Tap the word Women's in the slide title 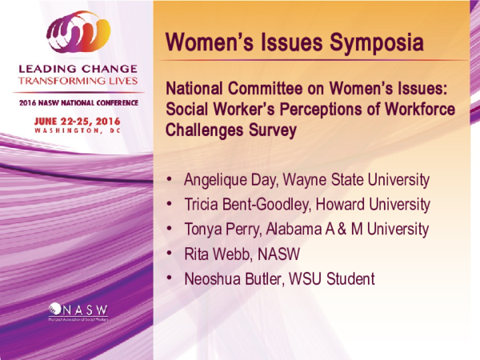204,42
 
